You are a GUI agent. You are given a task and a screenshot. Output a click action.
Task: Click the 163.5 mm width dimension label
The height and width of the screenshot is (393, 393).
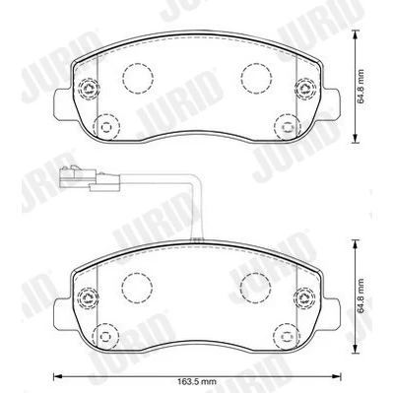[x=197, y=382]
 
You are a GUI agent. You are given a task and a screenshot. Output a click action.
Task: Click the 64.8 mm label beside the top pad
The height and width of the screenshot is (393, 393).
[x=361, y=87]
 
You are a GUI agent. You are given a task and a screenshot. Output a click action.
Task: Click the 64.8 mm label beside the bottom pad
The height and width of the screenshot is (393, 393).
[x=361, y=296]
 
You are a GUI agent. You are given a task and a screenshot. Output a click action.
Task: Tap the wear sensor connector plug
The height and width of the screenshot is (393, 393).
[x=90, y=179]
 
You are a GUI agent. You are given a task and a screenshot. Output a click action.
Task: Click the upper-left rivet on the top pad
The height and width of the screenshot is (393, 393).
[x=88, y=88]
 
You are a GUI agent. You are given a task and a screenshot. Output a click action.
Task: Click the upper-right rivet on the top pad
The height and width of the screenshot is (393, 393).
[x=305, y=88]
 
